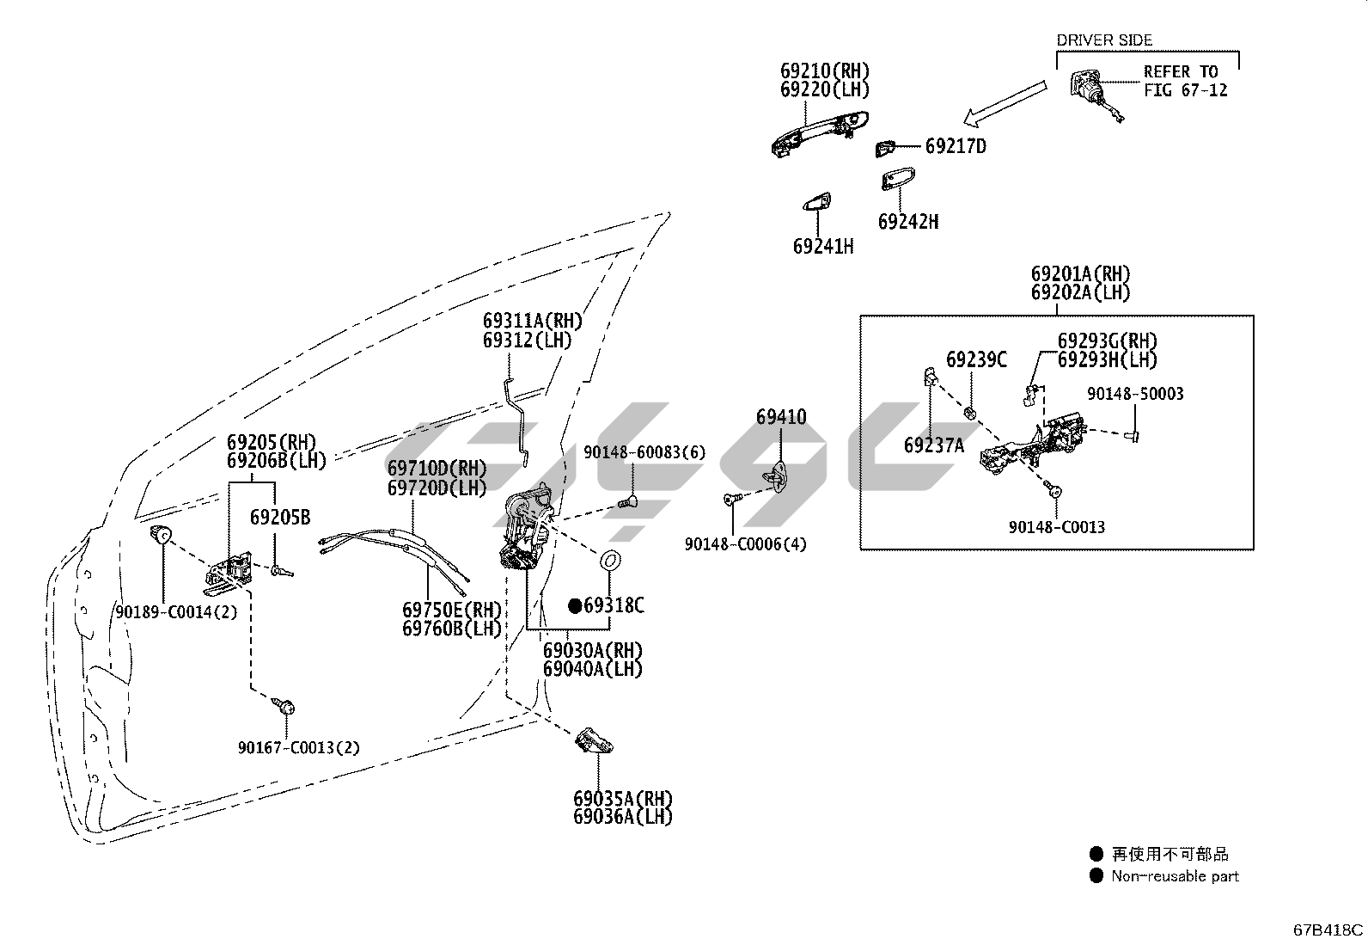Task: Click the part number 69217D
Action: [956, 146]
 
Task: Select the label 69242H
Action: [907, 222]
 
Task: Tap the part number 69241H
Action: [823, 247]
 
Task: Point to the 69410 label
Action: [781, 418]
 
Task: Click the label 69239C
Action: [976, 359]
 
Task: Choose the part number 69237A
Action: [934, 445]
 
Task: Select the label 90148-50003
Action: [1135, 394]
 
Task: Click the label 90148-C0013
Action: [1057, 527]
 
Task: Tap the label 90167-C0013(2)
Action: [299, 748]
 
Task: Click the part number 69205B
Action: [280, 518]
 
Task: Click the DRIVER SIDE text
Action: [1103, 40]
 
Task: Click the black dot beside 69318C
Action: [575, 605]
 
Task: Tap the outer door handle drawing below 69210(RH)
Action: [818, 131]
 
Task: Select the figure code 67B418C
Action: [1328, 930]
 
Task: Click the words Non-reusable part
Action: [1175, 876]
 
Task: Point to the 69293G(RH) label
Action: [1107, 341]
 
